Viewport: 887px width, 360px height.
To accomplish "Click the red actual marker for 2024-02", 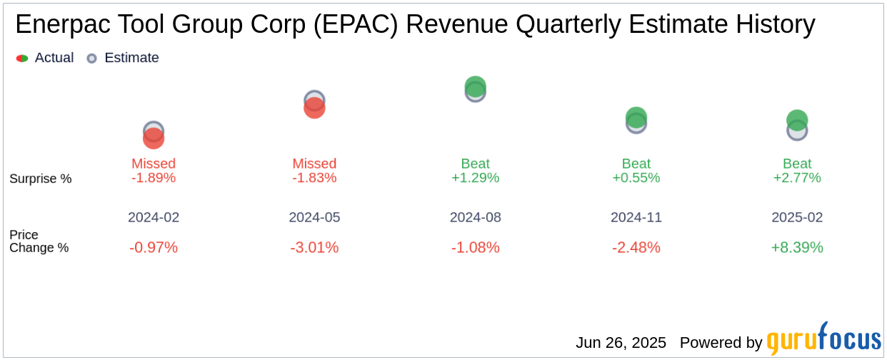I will [x=154, y=139].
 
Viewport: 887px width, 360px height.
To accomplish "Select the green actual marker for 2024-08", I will [x=476, y=86].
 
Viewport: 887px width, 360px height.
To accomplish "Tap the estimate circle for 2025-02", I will [x=797, y=131].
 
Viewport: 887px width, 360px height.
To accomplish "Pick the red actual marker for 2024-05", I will [x=314, y=109].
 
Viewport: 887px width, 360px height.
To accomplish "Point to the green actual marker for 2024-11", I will [x=636, y=117].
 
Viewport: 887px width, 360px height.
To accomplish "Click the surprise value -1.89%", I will [x=154, y=178].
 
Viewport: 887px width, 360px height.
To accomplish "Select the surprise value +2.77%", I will [x=797, y=178].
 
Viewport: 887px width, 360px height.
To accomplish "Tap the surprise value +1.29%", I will [x=476, y=178].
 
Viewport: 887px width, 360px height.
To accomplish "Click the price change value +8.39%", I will [x=797, y=247].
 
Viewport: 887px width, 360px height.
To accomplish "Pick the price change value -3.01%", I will [x=314, y=247].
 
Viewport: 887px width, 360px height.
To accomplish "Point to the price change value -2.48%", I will [x=636, y=247].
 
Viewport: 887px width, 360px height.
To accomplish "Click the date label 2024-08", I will [x=476, y=217].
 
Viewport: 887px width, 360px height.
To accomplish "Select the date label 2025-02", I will [x=797, y=217].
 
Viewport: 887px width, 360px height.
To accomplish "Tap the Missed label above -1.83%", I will [x=314, y=164].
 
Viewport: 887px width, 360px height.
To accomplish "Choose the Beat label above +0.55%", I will [x=636, y=164].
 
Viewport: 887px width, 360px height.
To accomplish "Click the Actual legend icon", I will [x=22, y=58].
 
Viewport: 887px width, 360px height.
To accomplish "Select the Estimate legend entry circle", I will [x=91, y=58].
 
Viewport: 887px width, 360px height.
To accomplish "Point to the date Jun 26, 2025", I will [x=621, y=343].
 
